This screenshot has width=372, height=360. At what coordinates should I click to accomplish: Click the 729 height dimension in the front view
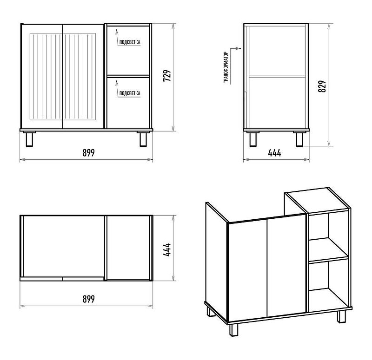(x=167, y=76)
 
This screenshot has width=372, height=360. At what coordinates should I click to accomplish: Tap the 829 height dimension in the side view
(x=322, y=86)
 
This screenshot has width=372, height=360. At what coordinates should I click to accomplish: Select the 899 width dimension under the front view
(x=89, y=153)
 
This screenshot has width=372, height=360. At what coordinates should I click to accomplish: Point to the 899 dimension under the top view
(x=89, y=299)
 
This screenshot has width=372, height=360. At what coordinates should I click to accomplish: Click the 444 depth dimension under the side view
(x=275, y=153)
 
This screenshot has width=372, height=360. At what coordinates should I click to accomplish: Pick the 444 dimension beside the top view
(x=167, y=249)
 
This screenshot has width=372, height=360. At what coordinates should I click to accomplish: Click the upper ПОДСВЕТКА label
(x=130, y=42)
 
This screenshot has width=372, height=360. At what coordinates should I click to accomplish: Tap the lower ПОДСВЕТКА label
(x=130, y=93)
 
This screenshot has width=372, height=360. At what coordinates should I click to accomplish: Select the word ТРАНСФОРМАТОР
(x=226, y=67)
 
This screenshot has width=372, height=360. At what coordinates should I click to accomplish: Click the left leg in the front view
(x=29, y=139)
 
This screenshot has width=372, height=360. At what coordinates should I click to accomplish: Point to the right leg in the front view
(x=143, y=139)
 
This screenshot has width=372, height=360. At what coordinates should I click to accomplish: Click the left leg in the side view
(x=253, y=139)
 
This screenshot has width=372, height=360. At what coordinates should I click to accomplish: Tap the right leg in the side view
(x=300, y=139)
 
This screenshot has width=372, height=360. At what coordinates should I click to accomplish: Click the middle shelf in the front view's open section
(x=128, y=76)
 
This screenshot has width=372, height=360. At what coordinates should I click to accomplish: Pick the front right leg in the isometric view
(x=342, y=317)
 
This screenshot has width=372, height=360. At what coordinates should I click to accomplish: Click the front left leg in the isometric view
(x=234, y=330)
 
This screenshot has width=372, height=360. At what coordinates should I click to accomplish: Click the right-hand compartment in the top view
(x=128, y=248)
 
